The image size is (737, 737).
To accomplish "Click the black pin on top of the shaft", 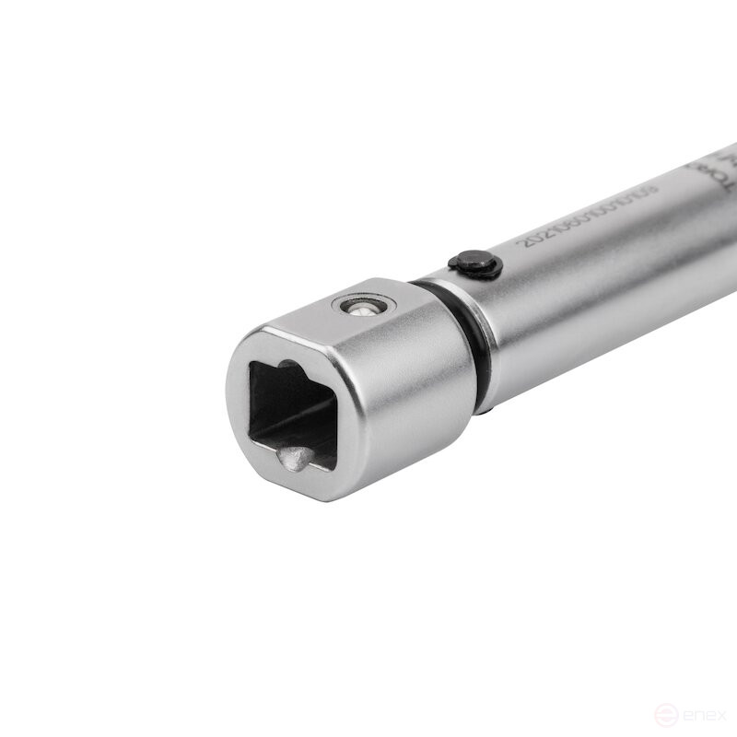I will tap(475, 265).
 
